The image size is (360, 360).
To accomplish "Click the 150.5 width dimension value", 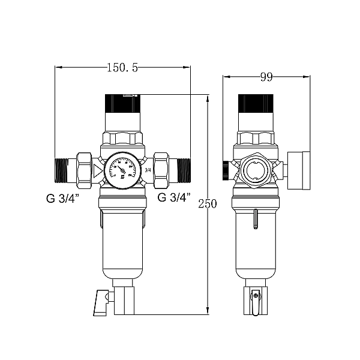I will pos(122,68).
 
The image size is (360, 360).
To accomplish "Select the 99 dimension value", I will pos(267,76).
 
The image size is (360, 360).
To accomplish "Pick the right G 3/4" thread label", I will pos(174,196).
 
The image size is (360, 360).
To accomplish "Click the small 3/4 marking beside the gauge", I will pos(148,170).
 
